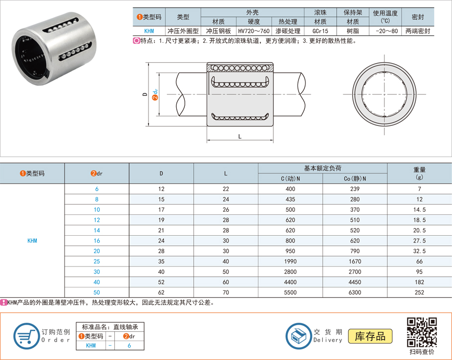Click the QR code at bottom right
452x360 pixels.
[x=422, y=332]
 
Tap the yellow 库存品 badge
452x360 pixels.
[x=370, y=336]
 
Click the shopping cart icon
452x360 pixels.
[x=26, y=336]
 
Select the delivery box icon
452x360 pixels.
[x=299, y=336]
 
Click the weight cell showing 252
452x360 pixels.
[x=419, y=292]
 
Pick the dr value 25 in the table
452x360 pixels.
[x=96, y=262]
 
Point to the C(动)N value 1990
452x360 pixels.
[x=290, y=262]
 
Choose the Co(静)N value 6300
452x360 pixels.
[x=355, y=292]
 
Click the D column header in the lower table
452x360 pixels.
[x=161, y=174]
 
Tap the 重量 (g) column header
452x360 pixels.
[x=419, y=174]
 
